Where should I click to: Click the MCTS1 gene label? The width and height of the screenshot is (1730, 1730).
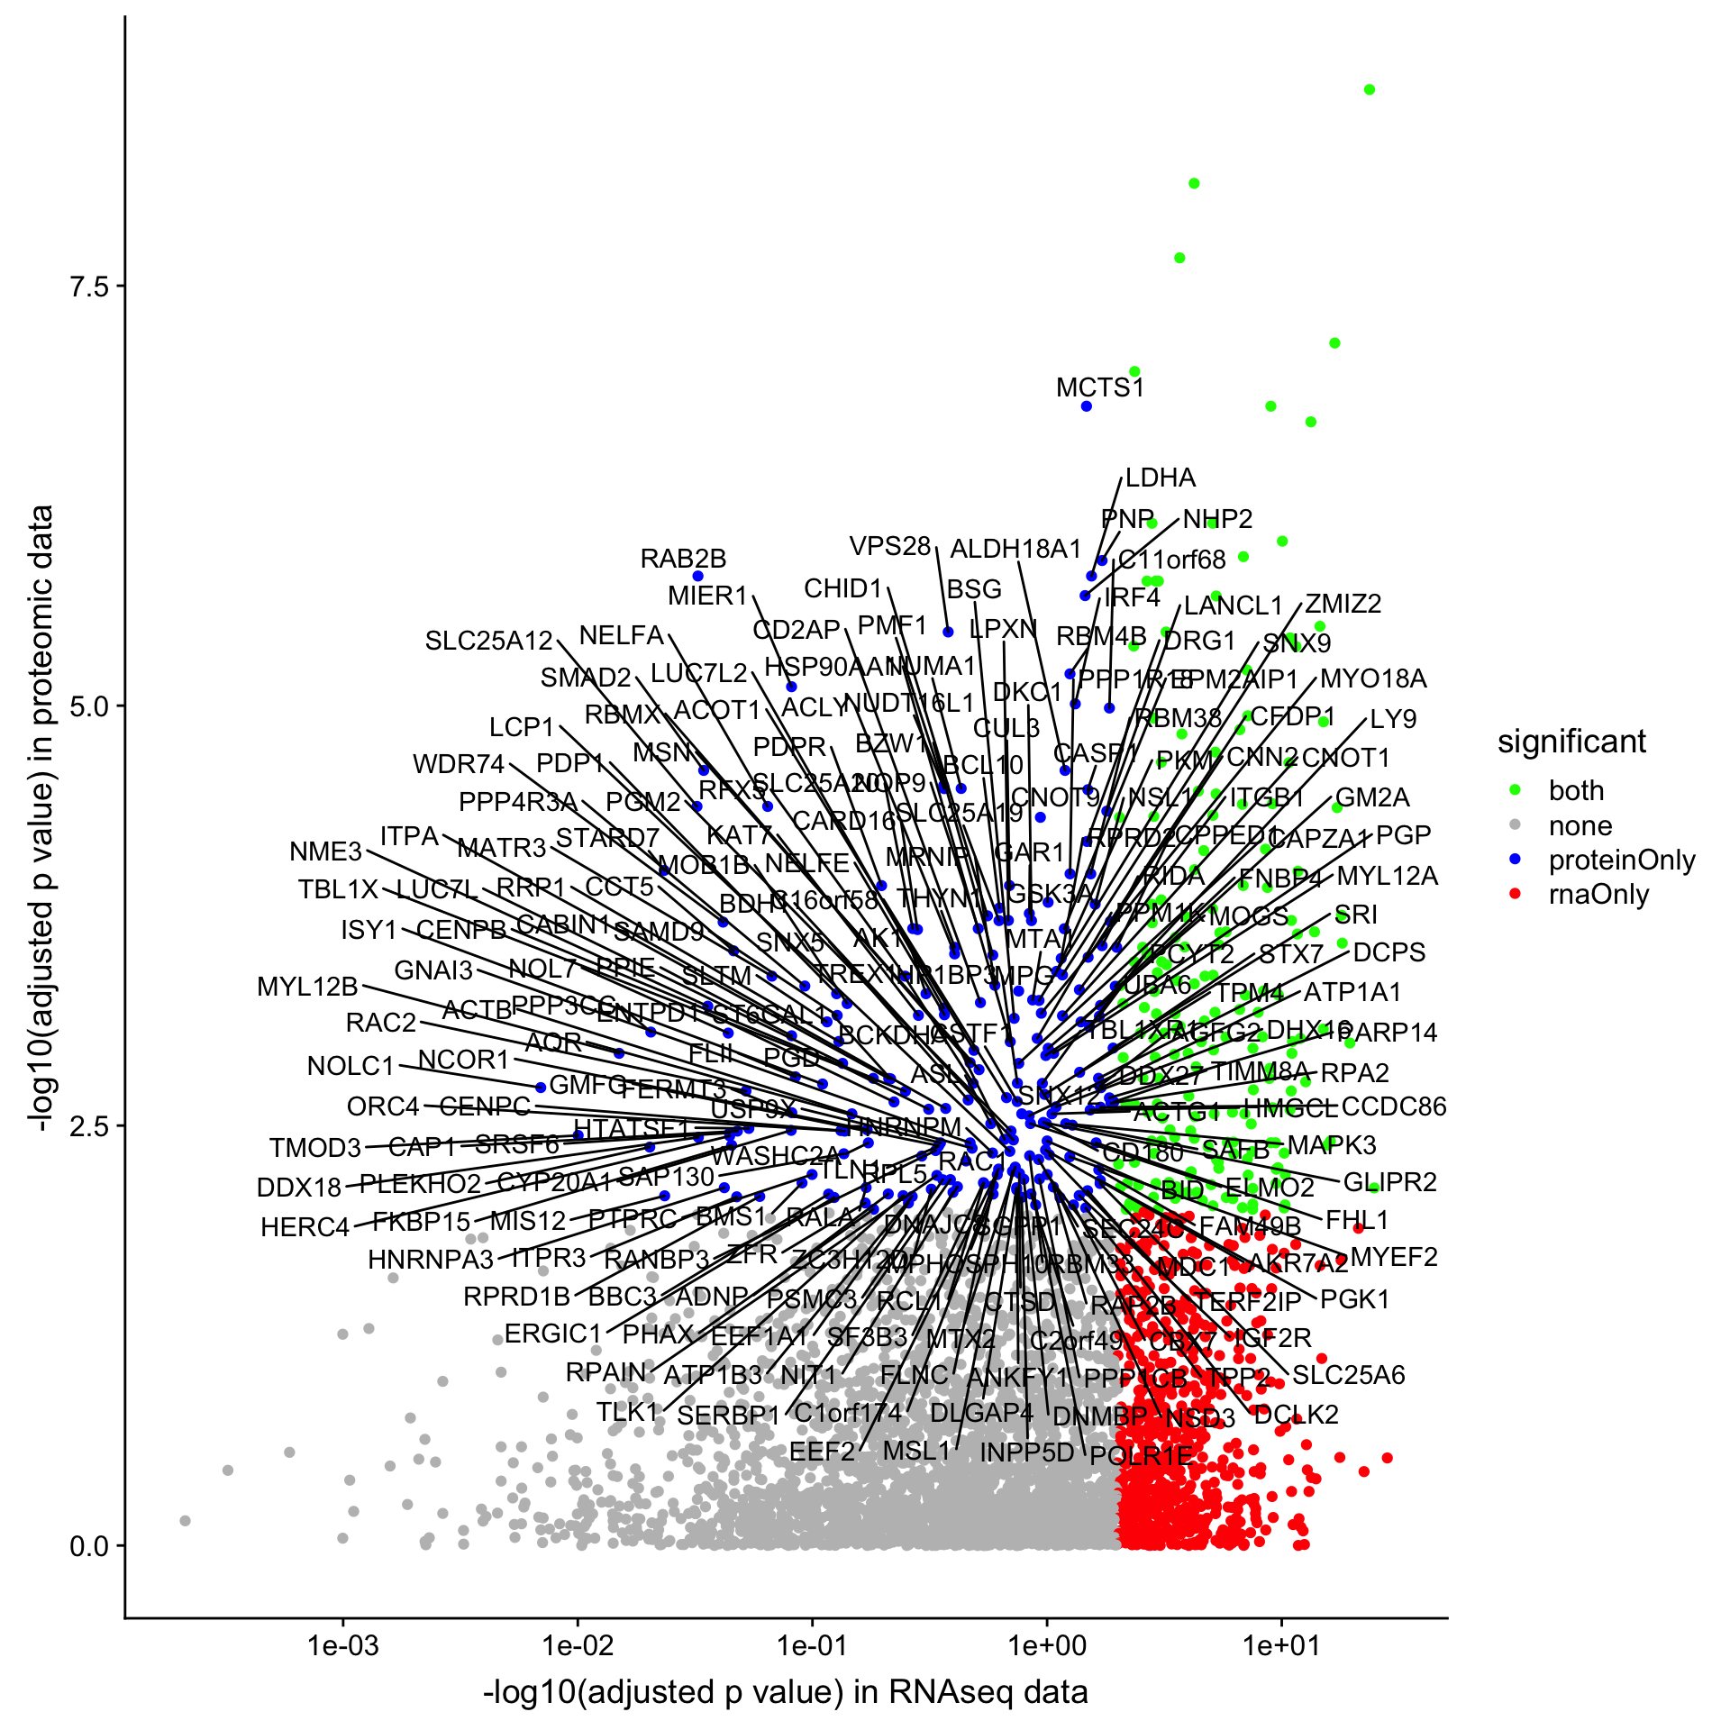pyautogui.click(x=1099, y=388)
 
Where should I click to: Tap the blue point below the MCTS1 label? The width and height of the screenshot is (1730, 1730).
pyautogui.click(x=1087, y=406)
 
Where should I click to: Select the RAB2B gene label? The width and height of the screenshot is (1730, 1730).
pyautogui.click(x=683, y=559)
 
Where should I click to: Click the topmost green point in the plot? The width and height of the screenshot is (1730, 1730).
pyautogui.click(x=1370, y=89)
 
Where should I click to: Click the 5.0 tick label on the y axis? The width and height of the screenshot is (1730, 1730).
pyautogui.click(x=88, y=706)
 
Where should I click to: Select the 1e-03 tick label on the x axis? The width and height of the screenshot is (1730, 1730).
pyautogui.click(x=343, y=1646)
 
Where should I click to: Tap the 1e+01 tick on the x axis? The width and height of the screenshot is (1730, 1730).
pyautogui.click(x=1281, y=1618)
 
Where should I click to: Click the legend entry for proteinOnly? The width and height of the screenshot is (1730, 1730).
pyautogui.click(x=1621, y=860)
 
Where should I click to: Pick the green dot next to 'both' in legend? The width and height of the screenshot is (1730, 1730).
pyautogui.click(x=1516, y=790)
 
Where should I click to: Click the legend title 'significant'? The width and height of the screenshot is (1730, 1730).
pyautogui.click(x=1571, y=742)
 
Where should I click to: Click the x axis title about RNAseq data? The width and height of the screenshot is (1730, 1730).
pyautogui.click(x=786, y=1691)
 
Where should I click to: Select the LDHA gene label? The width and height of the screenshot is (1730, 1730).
pyautogui.click(x=1161, y=478)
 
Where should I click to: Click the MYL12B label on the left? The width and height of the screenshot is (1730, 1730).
pyautogui.click(x=307, y=987)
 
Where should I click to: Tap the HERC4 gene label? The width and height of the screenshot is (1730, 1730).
pyautogui.click(x=305, y=1227)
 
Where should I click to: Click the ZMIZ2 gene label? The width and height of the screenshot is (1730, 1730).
pyautogui.click(x=1343, y=604)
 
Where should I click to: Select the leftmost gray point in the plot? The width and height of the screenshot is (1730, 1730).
pyautogui.click(x=186, y=1521)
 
